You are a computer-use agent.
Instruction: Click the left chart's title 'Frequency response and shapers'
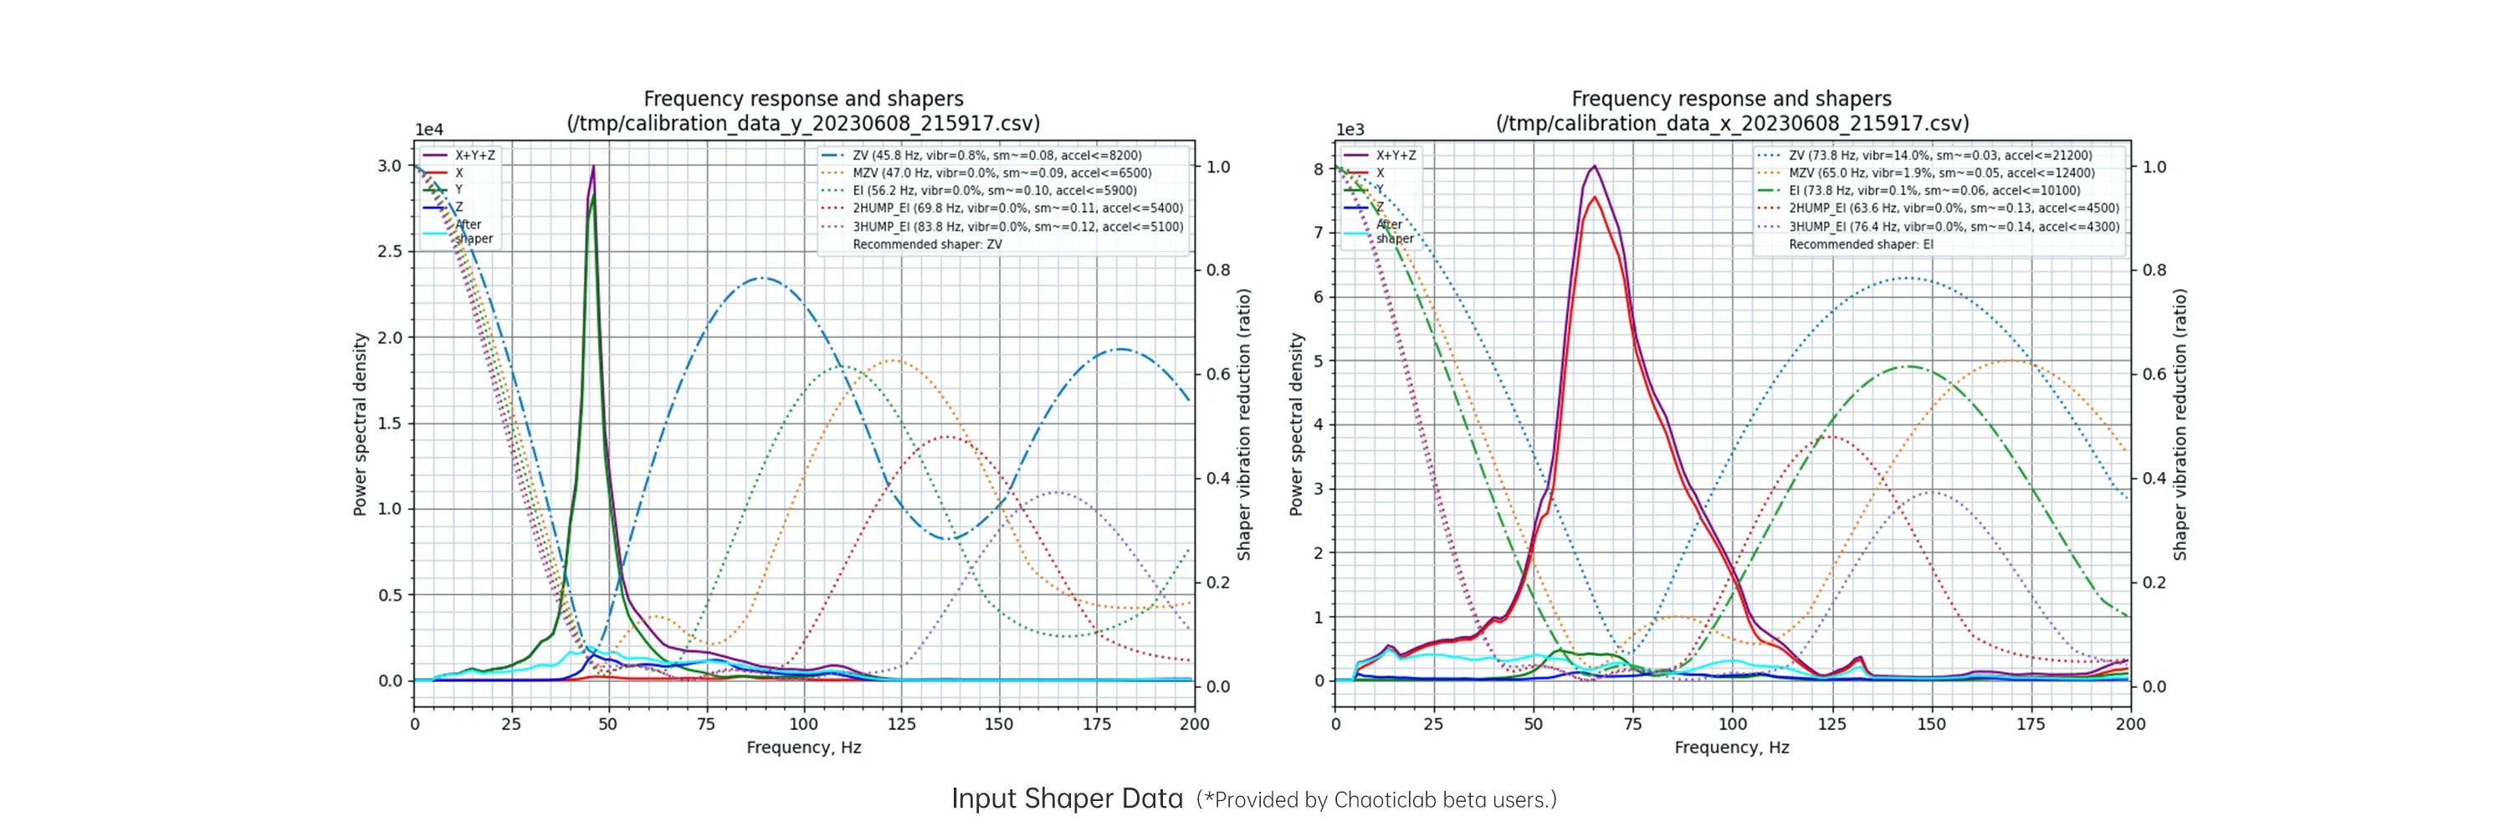click(x=803, y=99)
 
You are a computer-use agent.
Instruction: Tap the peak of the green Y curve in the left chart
click(x=592, y=194)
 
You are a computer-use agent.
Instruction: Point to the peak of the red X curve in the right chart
click(x=1594, y=197)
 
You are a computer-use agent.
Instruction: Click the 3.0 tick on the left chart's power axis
click(x=390, y=166)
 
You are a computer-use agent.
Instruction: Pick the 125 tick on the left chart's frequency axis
click(x=901, y=724)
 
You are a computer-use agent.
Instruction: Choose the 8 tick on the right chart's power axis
click(x=1319, y=168)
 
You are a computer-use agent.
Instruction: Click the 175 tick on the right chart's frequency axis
click(x=2031, y=724)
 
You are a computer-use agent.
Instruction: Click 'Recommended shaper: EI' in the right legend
click(x=1861, y=244)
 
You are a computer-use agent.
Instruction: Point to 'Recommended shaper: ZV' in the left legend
click(x=927, y=244)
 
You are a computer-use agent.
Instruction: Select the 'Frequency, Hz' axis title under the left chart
click(x=804, y=747)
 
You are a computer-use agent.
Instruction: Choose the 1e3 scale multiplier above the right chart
click(x=1350, y=130)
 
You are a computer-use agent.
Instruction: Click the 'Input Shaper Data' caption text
click(x=1067, y=799)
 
